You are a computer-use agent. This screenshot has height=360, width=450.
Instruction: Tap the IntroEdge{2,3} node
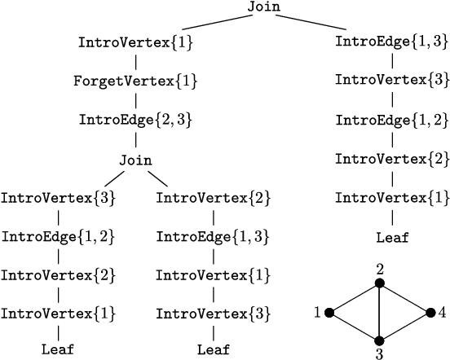pyautogui.click(x=135, y=120)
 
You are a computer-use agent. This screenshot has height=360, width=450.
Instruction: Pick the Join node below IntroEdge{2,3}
pyautogui.click(x=135, y=159)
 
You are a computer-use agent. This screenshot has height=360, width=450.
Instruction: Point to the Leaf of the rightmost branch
pyautogui.click(x=392, y=239)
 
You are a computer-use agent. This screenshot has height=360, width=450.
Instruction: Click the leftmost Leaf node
pyautogui.click(x=58, y=350)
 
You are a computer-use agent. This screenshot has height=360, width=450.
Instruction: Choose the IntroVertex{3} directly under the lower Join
pyautogui.click(x=57, y=198)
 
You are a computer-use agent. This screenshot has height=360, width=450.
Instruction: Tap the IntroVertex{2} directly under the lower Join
pyautogui.click(x=213, y=198)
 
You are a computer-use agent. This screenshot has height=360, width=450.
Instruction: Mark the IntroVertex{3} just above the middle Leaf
pyautogui.click(x=213, y=313)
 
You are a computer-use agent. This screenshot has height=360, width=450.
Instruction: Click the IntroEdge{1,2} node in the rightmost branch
pyautogui.click(x=392, y=120)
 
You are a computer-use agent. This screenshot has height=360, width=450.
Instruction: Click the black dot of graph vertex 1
pyautogui.click(x=329, y=312)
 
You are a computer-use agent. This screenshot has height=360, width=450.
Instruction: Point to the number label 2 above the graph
pyautogui.click(x=379, y=269)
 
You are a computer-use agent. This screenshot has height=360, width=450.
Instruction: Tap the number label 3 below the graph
pyautogui.click(x=379, y=354)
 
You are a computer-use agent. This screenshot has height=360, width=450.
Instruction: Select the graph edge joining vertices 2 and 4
pyautogui.click(x=404, y=298)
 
